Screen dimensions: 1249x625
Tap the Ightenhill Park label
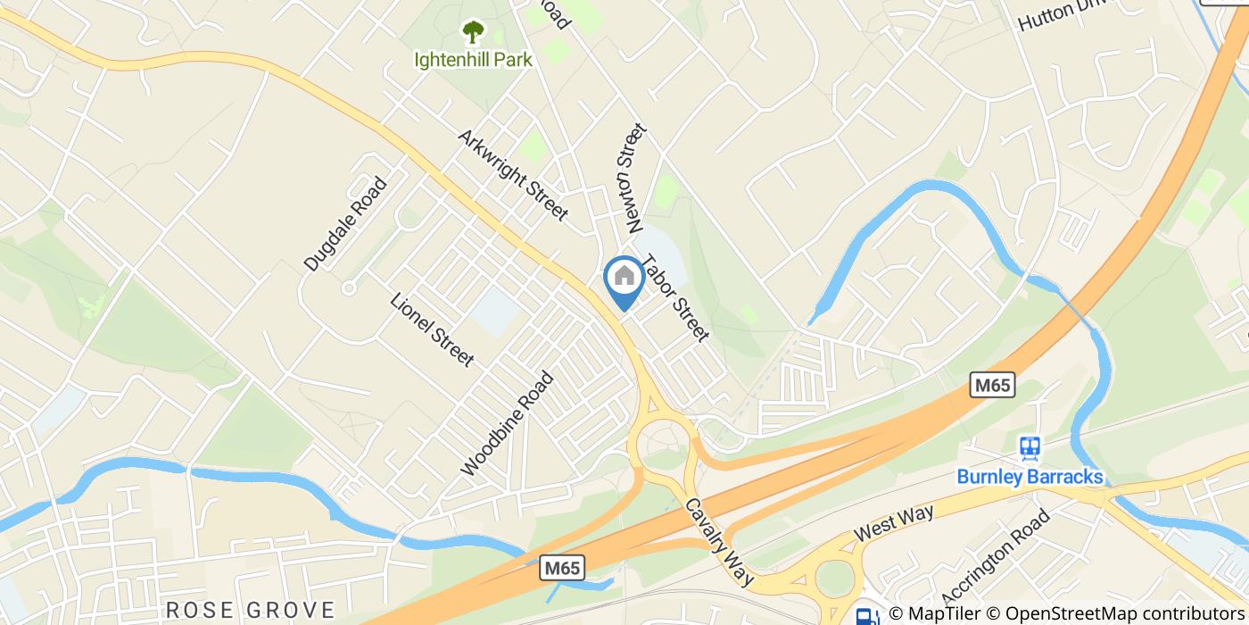coord(473,60)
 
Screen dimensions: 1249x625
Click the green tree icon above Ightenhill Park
coord(472,34)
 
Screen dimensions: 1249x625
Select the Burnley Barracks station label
coord(1030,477)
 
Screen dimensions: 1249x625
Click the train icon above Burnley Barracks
coord(1030,447)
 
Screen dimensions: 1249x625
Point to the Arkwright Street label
coord(513,175)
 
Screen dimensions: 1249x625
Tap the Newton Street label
coord(632,179)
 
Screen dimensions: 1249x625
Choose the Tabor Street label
coord(675,299)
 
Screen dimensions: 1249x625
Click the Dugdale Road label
coord(346,223)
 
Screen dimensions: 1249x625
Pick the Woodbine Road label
coord(507,423)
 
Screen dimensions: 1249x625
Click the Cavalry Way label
coord(719,541)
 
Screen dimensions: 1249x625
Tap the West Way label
coord(893,522)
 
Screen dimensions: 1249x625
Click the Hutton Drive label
coord(1062,13)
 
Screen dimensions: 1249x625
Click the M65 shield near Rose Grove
coord(564,568)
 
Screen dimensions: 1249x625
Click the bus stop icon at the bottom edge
coord(864,615)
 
